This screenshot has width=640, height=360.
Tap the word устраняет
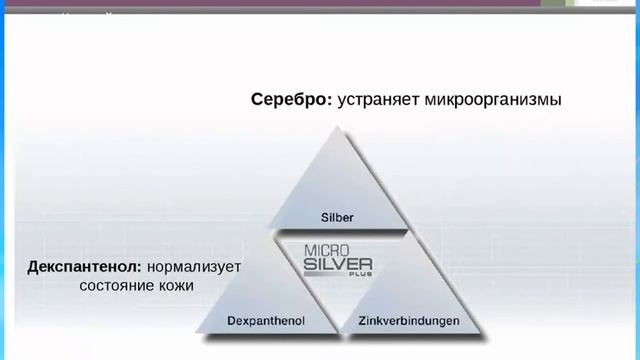(379, 100)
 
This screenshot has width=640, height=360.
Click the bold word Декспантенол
(85, 267)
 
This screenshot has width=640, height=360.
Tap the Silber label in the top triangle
(339, 216)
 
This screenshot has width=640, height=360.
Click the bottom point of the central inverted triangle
(338, 329)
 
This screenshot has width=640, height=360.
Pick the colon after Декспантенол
(143, 269)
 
